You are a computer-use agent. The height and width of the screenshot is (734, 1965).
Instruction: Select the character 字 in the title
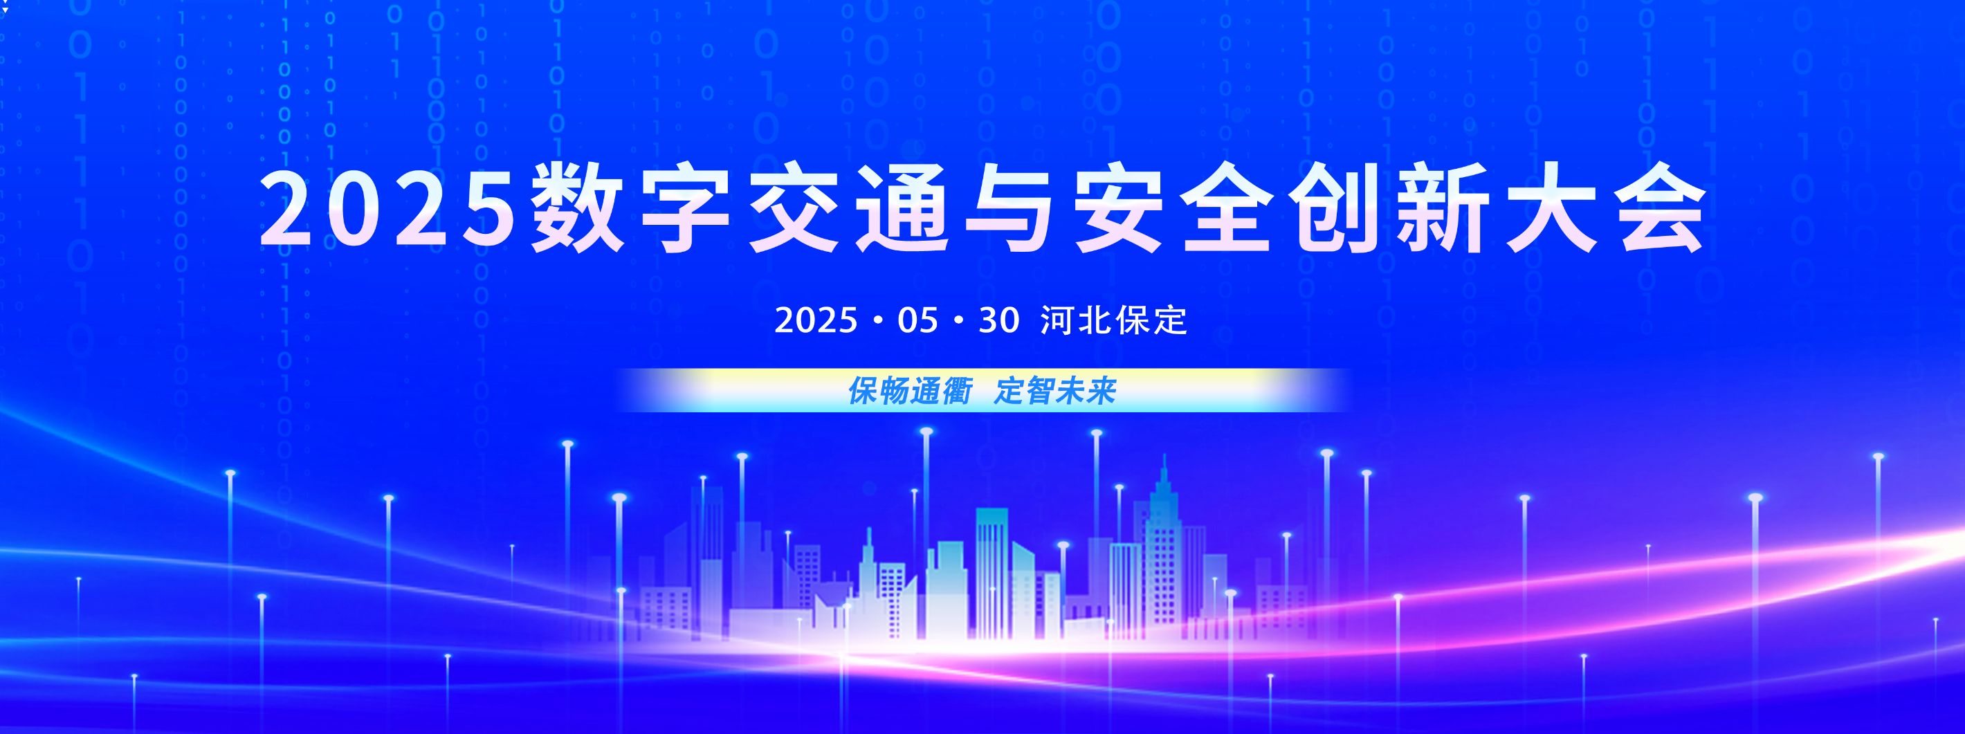(686, 208)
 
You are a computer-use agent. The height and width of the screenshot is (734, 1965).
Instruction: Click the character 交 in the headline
(794, 208)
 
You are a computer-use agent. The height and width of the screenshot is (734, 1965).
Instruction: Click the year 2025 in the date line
(816, 321)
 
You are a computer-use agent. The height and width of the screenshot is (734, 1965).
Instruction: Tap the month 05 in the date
(917, 321)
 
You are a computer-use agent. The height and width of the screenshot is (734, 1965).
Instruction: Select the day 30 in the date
(999, 321)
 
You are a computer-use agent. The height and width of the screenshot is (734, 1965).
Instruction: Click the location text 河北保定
(1114, 321)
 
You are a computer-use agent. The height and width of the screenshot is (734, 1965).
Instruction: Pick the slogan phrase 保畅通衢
(910, 392)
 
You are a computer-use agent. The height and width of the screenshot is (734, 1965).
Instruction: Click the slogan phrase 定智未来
(1056, 392)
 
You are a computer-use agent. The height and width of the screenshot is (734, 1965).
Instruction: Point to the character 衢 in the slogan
(957, 392)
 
